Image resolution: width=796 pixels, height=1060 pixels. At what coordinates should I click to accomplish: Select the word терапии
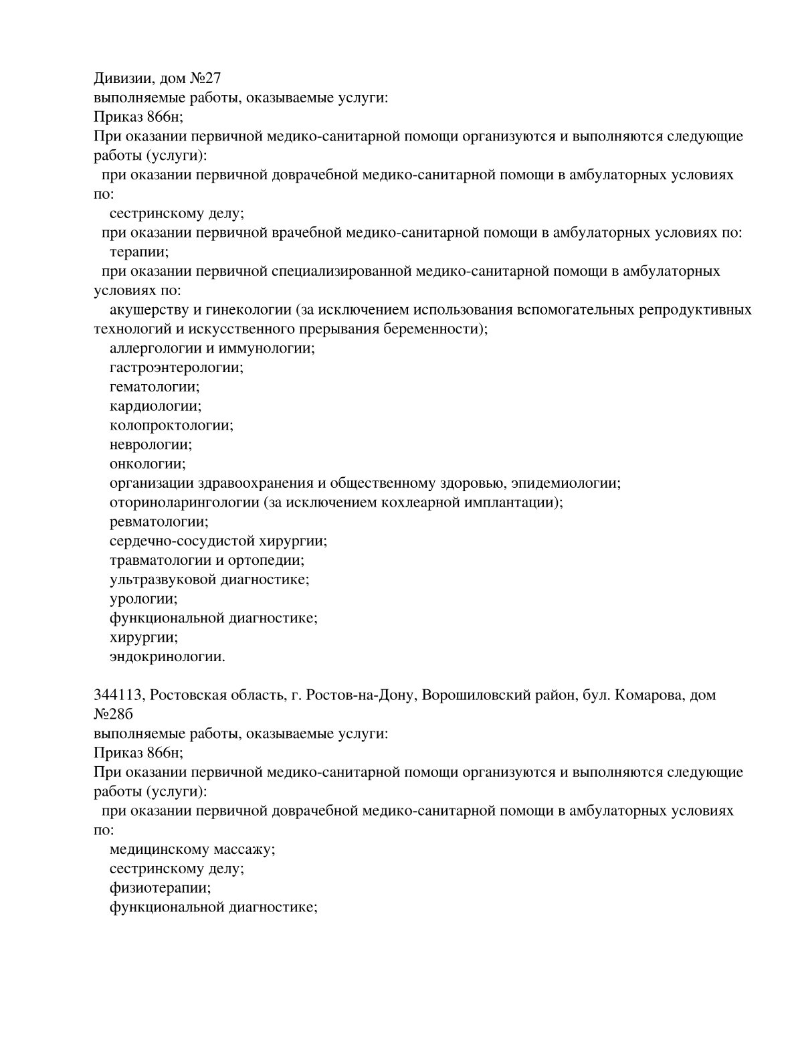(x=138, y=252)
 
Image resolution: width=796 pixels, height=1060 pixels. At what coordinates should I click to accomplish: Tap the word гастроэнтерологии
(x=175, y=367)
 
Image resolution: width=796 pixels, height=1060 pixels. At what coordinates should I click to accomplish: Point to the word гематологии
(x=154, y=387)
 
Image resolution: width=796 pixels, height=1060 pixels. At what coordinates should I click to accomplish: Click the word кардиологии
(x=155, y=406)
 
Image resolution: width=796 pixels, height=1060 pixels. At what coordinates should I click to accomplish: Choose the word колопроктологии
(x=171, y=426)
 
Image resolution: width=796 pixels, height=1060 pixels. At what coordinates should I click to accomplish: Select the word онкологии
(x=147, y=464)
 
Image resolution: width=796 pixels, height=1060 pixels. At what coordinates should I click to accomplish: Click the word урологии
(x=143, y=599)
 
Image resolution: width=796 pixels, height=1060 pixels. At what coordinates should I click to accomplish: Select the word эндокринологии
(x=167, y=656)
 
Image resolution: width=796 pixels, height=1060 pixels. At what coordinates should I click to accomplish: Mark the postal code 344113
(x=119, y=695)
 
